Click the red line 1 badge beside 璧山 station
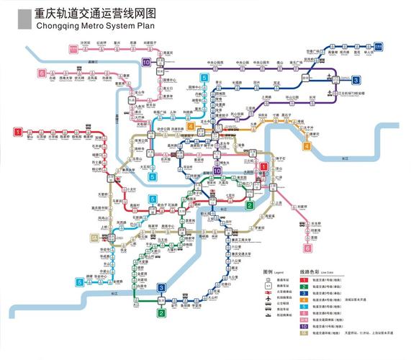coord(17,132)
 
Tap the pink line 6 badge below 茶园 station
coord(307,248)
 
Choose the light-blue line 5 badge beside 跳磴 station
coord(79,282)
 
